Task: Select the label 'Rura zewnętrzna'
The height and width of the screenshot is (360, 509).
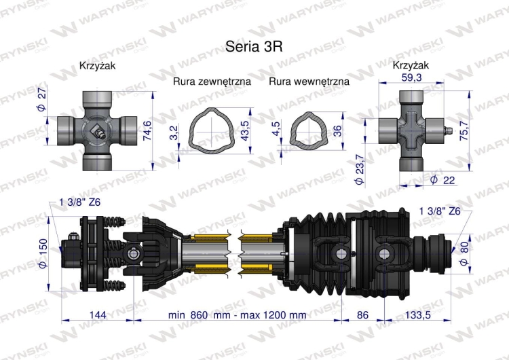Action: tap(212, 81)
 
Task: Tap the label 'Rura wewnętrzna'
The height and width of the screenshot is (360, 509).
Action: tap(309, 81)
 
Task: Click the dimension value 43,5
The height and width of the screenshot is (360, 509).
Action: tap(244, 128)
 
